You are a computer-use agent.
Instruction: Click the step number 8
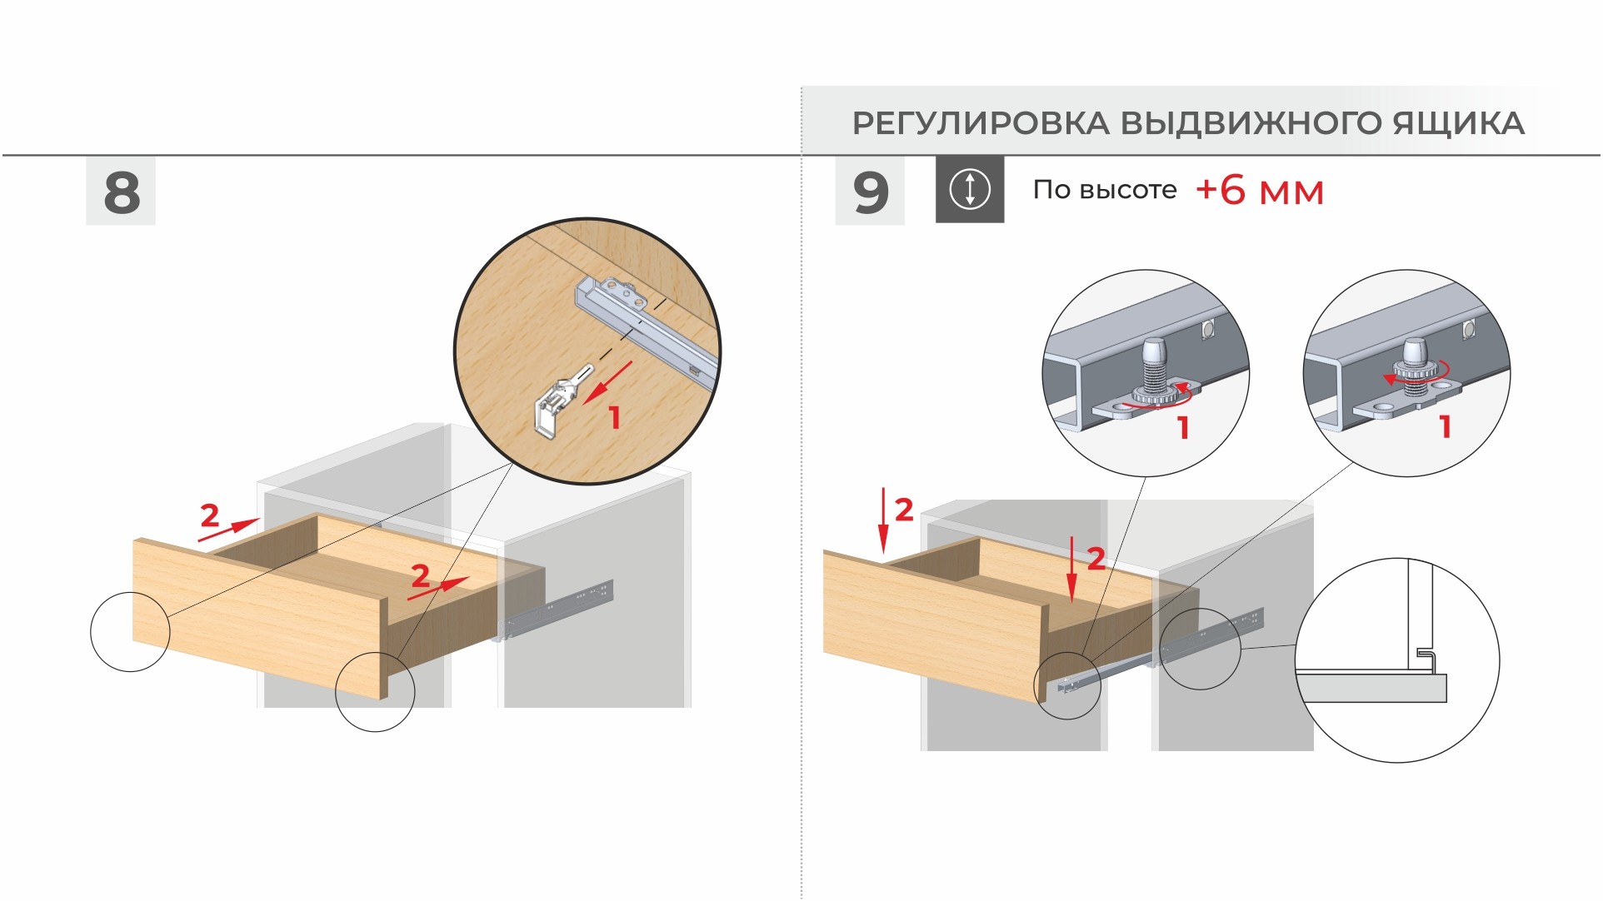point(122,192)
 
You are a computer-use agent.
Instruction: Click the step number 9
point(871,192)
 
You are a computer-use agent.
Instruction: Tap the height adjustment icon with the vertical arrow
point(970,189)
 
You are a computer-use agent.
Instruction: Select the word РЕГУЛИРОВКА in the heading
point(981,123)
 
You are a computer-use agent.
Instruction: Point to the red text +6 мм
point(1260,191)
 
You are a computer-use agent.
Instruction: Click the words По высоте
point(1105,190)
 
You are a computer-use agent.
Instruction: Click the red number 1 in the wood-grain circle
point(615,417)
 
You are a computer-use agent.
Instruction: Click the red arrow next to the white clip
point(607,382)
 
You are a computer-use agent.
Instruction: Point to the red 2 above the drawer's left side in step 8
point(210,515)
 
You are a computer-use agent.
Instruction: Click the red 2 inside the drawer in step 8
point(421,575)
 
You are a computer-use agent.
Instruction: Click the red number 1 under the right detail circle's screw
point(1446,427)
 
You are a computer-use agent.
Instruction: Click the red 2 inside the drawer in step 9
point(1096,558)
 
